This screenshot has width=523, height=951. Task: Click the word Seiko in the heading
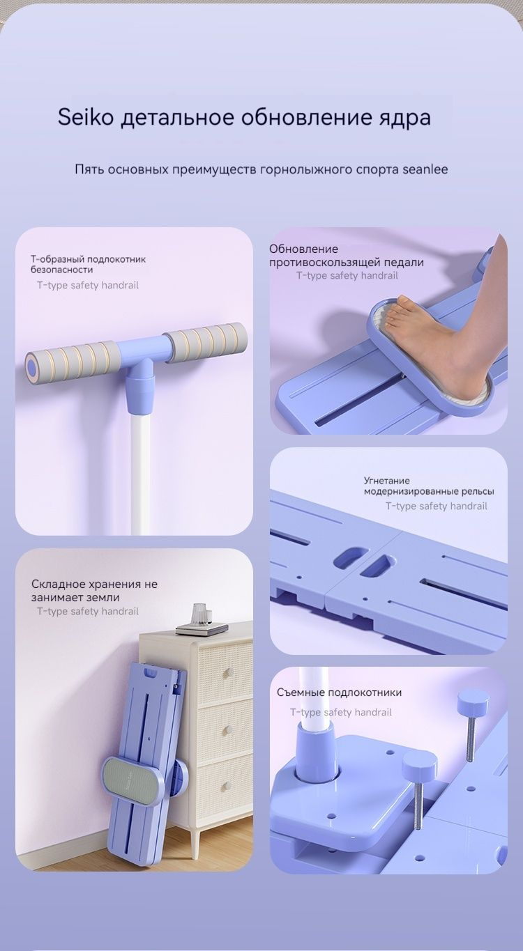(86, 117)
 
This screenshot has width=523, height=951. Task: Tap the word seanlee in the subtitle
(425, 169)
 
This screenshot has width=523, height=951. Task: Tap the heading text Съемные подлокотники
(339, 693)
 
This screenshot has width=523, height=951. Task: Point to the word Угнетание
(386, 481)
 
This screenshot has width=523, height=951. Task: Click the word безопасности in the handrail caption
(61, 270)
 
